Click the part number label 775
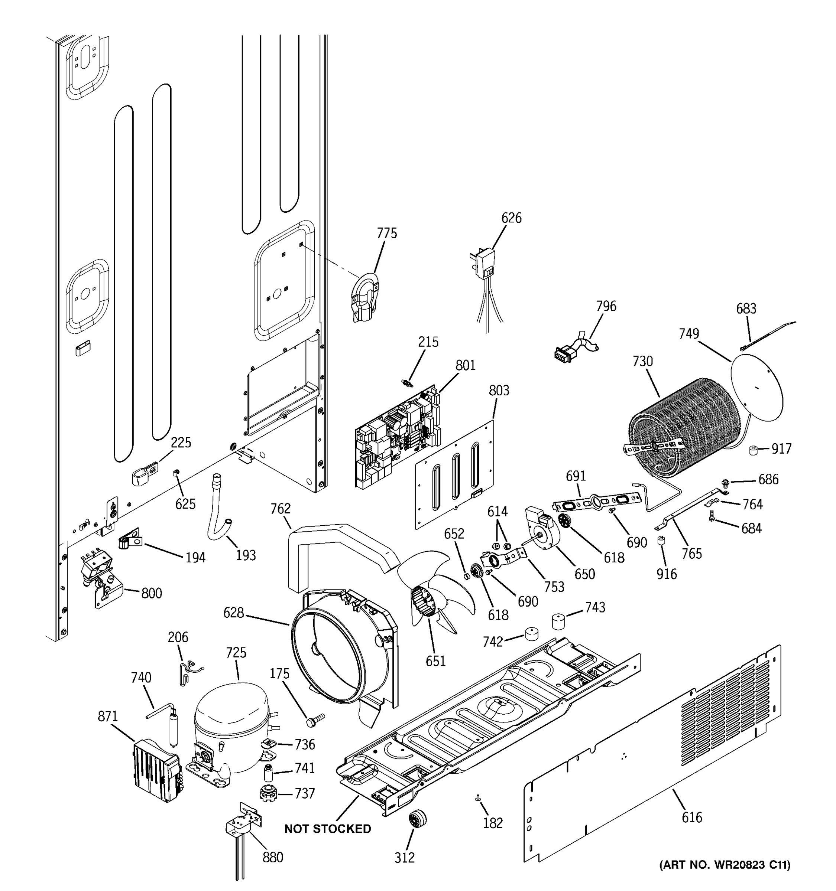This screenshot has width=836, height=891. [387, 233]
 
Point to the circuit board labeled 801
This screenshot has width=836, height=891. [397, 437]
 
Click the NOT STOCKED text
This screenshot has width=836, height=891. [327, 829]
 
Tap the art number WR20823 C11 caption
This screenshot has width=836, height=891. [724, 865]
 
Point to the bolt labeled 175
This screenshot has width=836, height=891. [314, 721]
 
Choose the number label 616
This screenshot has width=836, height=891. [691, 817]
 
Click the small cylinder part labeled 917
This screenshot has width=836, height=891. [754, 450]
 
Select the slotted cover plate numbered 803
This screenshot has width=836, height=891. [455, 475]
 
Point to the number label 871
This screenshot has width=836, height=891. [108, 716]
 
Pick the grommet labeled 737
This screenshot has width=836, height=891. [268, 793]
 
